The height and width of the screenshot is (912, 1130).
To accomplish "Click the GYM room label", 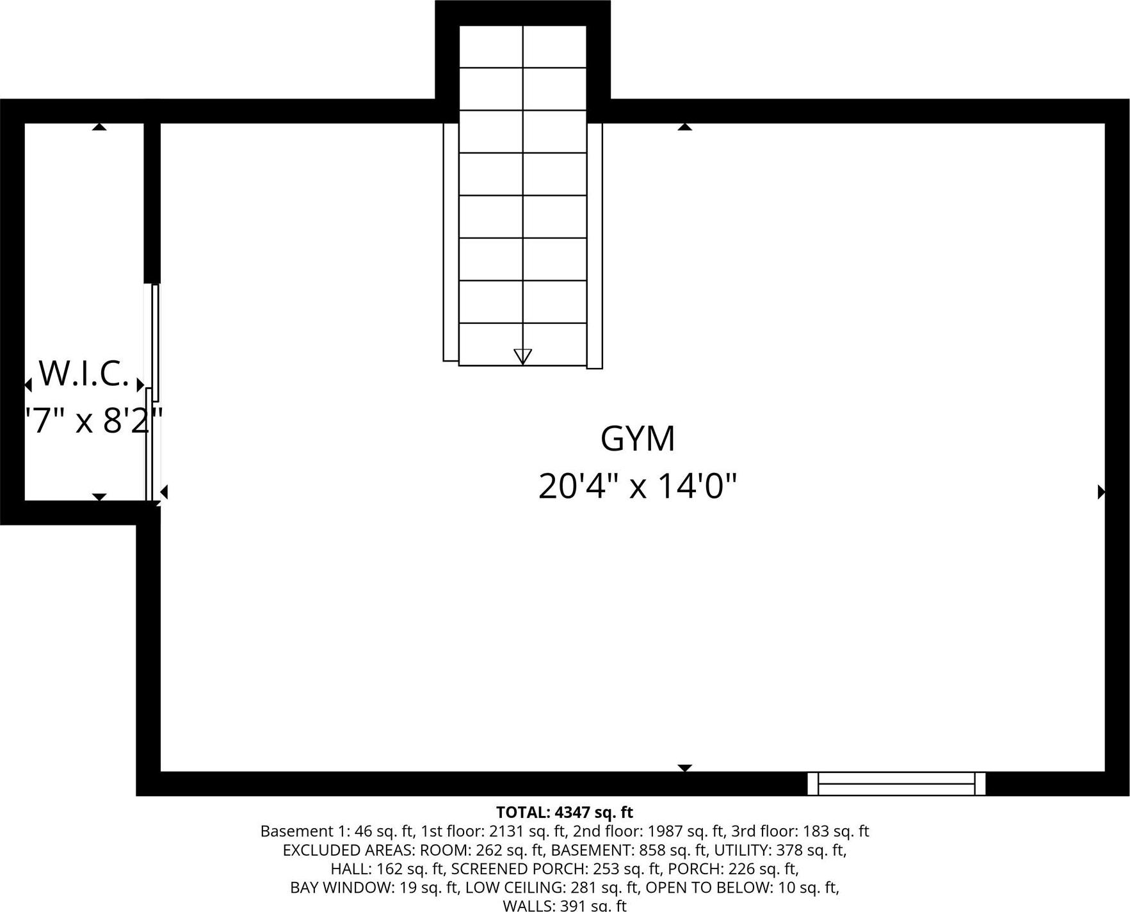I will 638,439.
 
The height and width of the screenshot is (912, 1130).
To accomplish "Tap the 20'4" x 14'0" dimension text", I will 638,486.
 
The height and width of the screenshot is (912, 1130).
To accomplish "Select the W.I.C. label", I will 84,374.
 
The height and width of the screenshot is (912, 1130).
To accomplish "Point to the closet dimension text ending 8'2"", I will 93,421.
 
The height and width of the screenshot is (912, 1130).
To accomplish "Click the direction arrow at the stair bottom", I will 522,356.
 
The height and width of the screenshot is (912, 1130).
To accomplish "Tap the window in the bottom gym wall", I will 896,783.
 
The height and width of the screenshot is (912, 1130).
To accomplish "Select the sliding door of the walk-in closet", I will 152,392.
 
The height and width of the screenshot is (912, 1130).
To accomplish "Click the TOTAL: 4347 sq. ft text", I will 564,812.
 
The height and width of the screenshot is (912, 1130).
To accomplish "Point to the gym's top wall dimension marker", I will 685,127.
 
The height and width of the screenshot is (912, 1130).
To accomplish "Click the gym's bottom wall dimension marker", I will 685,767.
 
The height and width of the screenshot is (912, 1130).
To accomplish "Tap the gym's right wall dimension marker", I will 1101,492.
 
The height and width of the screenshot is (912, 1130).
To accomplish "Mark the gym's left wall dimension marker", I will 164,492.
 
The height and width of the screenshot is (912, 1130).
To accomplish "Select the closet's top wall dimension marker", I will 99,127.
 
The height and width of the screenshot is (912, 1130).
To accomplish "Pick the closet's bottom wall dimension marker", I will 99,497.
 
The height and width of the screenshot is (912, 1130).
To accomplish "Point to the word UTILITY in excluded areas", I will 743,851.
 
